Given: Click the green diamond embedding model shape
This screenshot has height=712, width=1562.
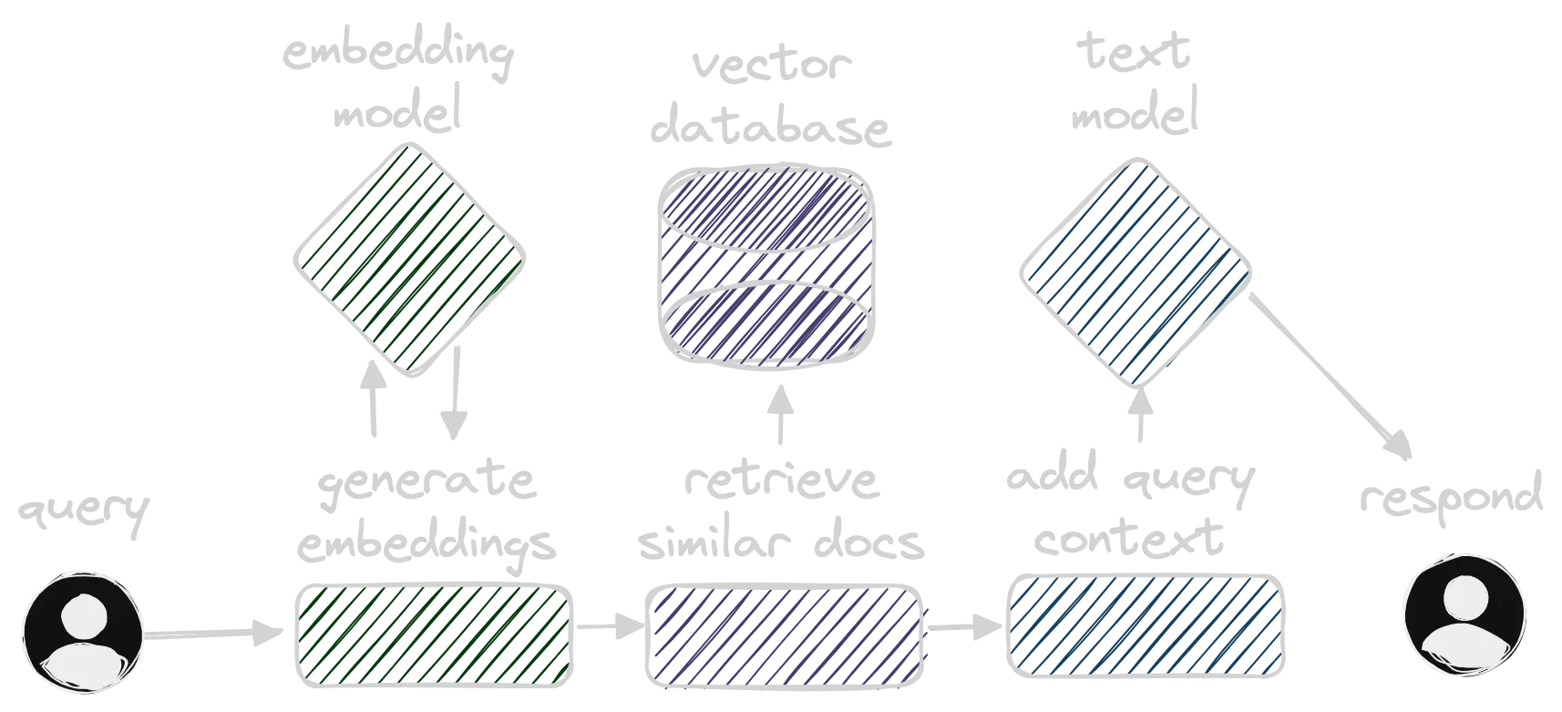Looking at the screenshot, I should pos(411,258).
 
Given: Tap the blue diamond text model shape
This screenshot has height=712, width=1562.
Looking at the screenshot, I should pos(1133,272).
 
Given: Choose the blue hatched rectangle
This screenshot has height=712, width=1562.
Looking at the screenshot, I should pos(1149,627).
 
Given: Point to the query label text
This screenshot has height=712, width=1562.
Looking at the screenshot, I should pos(83,516).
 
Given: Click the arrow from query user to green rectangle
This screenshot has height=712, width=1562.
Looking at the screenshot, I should pos(211,633).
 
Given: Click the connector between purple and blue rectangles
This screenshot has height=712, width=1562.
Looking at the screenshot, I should pos(964,627).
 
